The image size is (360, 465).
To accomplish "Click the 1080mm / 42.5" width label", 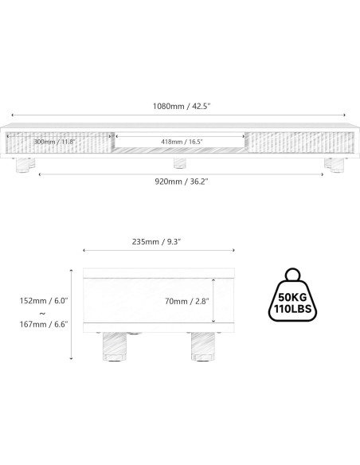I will [180, 106].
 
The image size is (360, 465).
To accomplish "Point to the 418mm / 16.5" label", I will [182, 142].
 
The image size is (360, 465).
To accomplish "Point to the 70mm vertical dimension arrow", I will [214, 301].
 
